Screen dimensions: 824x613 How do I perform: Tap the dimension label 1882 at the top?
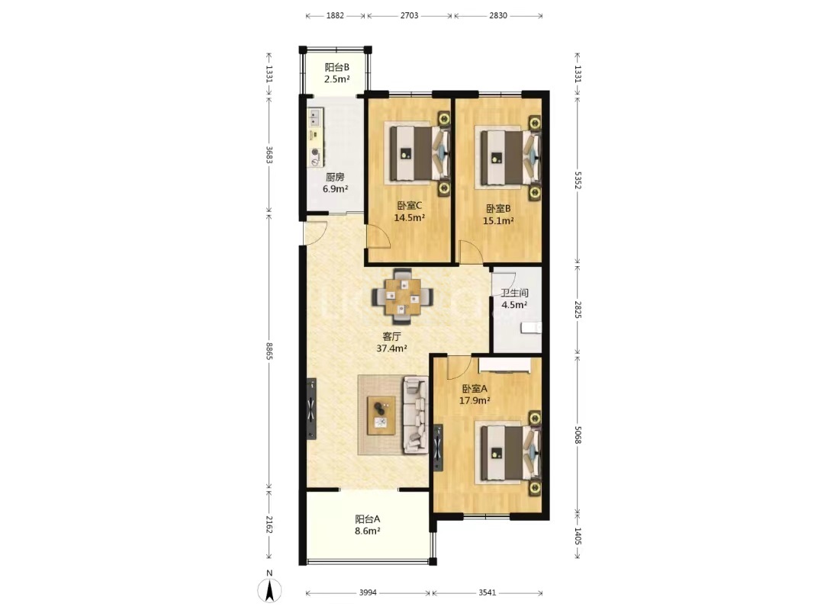click(335, 16)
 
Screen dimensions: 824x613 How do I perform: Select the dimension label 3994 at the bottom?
click(368, 592)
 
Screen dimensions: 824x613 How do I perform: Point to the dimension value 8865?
click(269, 351)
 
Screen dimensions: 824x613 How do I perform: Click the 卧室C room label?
click(410, 205)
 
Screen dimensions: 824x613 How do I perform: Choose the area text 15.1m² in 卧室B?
click(498, 220)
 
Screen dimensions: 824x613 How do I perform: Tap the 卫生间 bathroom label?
click(514, 293)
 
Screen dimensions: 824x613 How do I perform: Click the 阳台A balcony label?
click(367, 519)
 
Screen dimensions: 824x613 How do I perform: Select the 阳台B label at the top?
click(337, 67)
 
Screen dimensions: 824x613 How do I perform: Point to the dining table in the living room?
click(403, 298)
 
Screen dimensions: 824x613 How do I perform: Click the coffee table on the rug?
click(381, 415)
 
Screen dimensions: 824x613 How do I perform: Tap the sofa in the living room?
click(416, 415)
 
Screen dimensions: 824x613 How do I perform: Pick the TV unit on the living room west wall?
click(311, 409)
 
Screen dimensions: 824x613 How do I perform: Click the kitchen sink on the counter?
click(315, 117)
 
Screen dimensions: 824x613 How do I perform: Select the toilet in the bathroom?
click(530, 328)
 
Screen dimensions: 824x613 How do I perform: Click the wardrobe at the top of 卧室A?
click(504, 365)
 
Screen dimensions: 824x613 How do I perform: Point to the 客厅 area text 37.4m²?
click(392, 348)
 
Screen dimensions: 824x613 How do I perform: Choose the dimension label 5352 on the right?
click(578, 180)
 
